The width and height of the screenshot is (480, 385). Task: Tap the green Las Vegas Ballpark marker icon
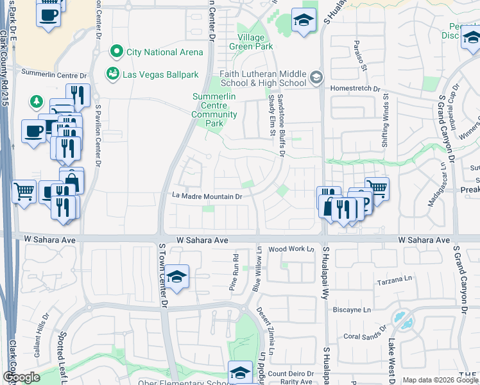113,74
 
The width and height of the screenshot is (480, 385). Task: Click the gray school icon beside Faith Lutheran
316,78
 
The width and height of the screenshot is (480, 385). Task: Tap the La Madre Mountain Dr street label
207,196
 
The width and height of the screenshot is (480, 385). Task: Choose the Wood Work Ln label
291,249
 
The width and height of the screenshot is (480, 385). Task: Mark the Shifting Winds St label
386,123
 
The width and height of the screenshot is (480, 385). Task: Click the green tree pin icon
36,101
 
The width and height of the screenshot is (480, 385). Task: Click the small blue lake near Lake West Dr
403,320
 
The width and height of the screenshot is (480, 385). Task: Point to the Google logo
21,377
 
